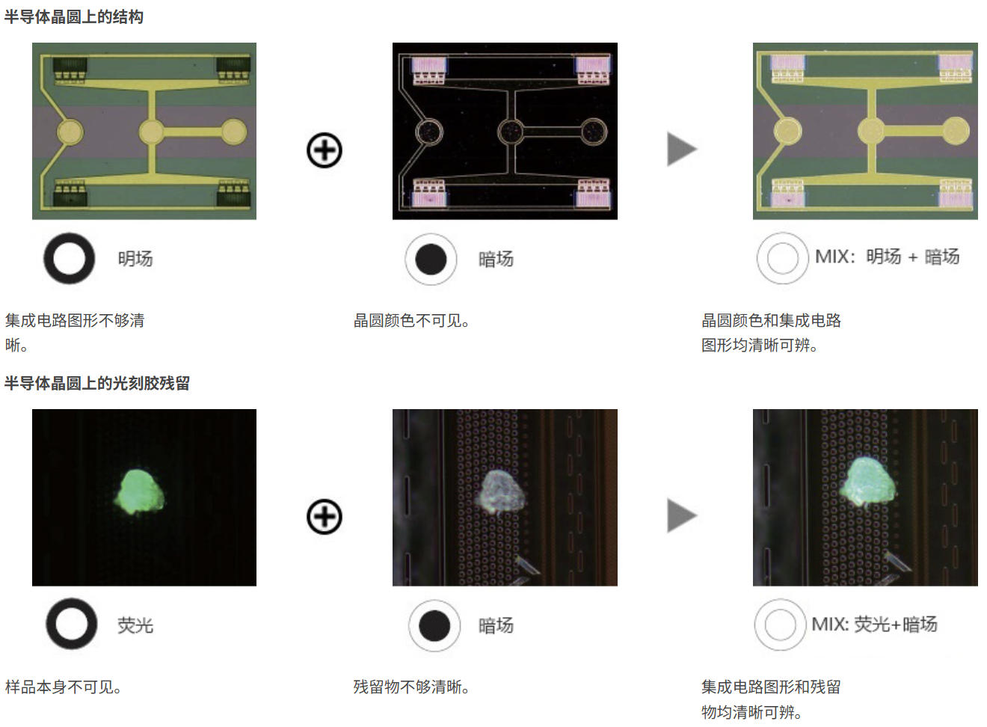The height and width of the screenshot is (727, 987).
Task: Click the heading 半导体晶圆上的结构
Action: [73, 16]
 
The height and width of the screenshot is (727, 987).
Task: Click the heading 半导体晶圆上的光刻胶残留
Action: [97, 383]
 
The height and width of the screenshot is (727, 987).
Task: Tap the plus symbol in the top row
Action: [325, 150]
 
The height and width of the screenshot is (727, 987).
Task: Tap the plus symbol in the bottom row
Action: [325, 517]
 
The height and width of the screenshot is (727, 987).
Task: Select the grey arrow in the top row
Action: [681, 149]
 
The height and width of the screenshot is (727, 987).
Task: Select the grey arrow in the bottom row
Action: [681, 516]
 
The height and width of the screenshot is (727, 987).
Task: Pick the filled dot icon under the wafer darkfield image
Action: [431, 260]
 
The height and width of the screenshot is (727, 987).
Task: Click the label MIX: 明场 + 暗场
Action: [887, 257]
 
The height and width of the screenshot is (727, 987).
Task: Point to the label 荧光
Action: [135, 625]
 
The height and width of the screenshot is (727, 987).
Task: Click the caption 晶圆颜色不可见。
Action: [411, 321]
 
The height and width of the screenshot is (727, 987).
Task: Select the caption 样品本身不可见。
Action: [63, 687]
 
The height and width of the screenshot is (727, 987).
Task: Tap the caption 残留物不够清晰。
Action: [411, 687]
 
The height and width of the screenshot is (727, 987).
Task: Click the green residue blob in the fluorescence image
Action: [140, 492]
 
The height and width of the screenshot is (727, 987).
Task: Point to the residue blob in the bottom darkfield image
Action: [501, 491]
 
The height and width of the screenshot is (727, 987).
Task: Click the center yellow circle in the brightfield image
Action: [151, 132]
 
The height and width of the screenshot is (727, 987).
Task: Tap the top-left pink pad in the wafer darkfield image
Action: [428, 65]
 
